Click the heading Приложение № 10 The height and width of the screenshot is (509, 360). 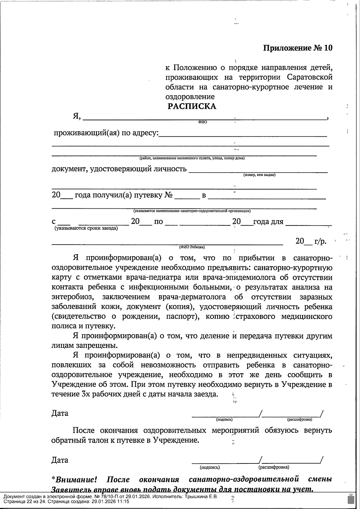tap(298, 48)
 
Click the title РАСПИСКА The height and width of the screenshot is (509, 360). tap(191, 106)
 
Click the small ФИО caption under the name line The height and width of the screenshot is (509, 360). tap(202, 122)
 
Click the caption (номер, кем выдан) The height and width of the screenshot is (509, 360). tap(259, 175)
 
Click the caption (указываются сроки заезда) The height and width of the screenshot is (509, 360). tap(86, 228)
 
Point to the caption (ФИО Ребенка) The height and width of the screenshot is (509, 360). tap(192, 247)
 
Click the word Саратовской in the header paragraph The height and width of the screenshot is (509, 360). tap(310, 77)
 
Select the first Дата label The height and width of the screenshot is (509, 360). tap(60, 413)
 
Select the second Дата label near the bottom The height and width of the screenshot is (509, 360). tap(60, 460)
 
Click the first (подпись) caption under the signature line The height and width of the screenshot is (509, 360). tap(224, 419)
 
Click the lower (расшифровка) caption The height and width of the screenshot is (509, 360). tap(274, 467)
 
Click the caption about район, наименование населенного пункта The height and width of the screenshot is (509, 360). tap(192, 158)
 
